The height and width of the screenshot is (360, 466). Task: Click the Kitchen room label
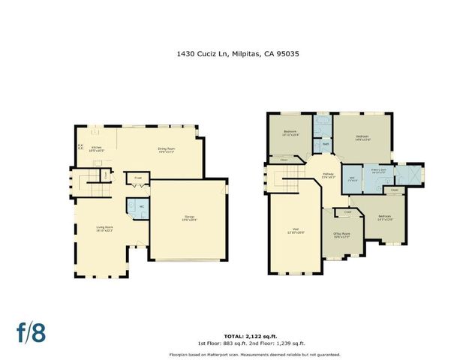click(x=97, y=147)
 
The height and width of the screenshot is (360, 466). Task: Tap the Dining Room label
click(x=166, y=148)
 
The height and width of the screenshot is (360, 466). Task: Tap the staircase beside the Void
click(x=287, y=178)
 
